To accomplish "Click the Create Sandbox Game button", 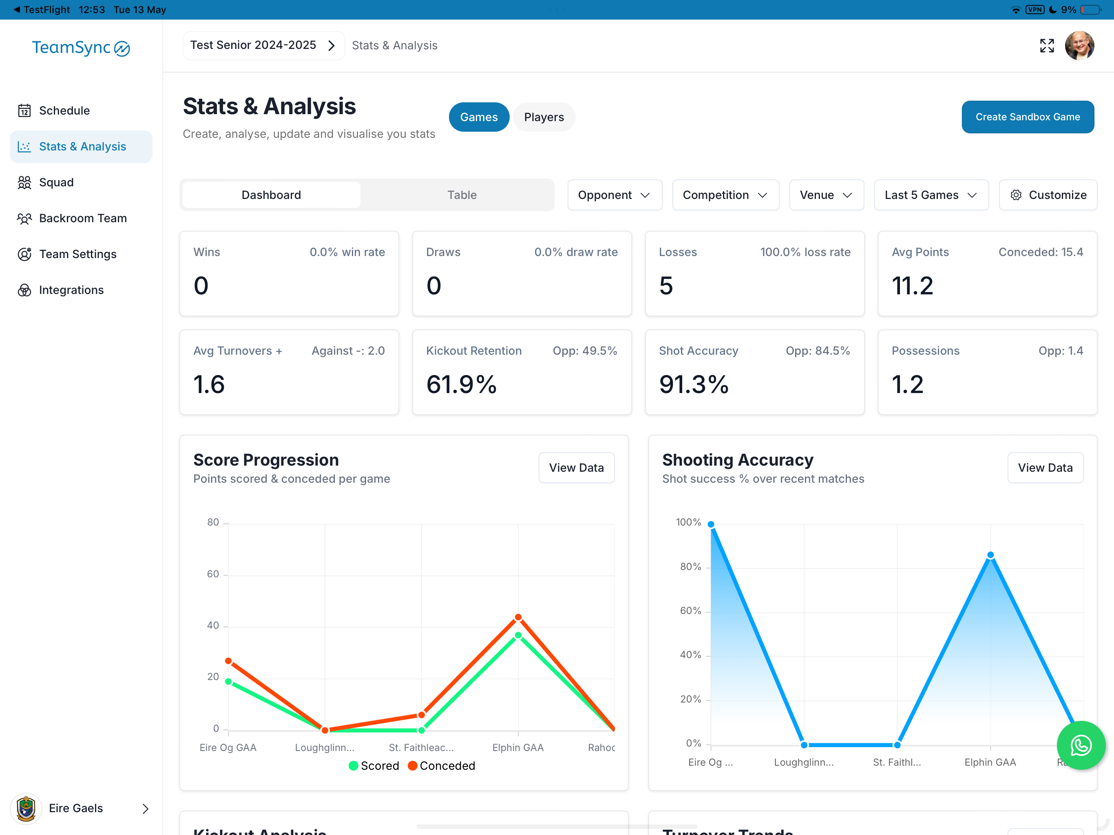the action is (1028, 117).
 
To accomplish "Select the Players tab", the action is (544, 117).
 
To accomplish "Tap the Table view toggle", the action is (462, 195).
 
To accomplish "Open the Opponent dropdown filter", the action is (614, 195).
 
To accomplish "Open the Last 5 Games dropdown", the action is (931, 195).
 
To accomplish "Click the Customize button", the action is (1048, 195).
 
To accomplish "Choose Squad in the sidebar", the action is (56, 182).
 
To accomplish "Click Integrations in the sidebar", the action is (71, 290).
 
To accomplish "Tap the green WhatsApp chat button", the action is (1081, 745).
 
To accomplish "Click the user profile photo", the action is (1079, 45).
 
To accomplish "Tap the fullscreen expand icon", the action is (1047, 45).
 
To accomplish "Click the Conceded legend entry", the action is (442, 766).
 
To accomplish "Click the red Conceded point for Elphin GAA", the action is (518, 617).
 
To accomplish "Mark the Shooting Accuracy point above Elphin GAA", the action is (990, 555).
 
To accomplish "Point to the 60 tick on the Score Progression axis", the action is (213, 574).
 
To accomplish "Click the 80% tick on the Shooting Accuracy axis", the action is (690, 567).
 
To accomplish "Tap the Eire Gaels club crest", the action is (26, 808).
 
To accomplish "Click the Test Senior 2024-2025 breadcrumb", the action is (263, 45).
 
